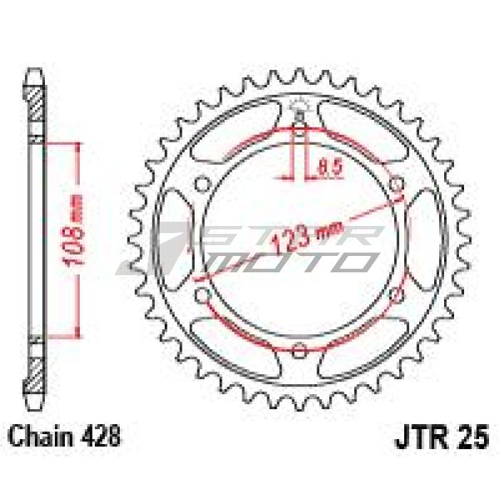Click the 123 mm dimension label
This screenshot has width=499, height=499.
(307, 237)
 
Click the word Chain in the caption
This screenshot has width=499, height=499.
(41, 436)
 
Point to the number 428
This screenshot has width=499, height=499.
(101, 436)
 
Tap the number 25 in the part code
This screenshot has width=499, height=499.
(473, 438)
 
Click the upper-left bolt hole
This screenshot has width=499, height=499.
(202, 185)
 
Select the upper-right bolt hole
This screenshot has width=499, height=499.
(396, 184)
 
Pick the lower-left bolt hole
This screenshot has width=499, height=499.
(202, 295)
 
